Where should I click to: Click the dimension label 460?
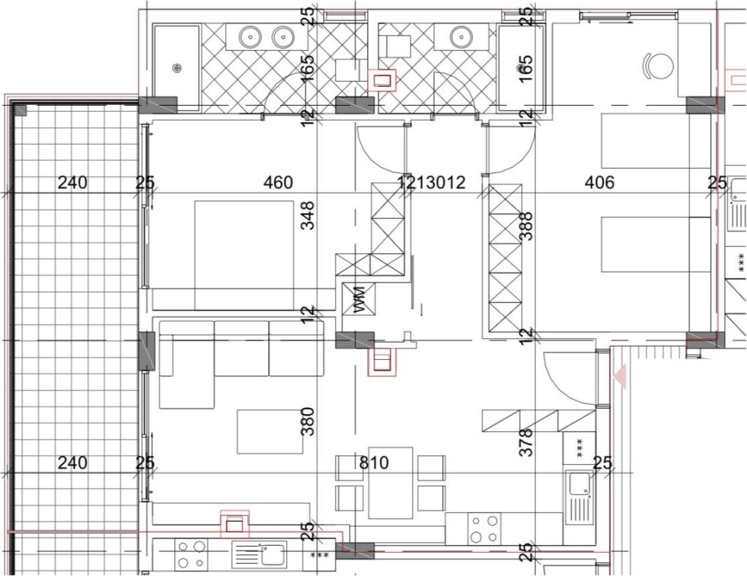(279, 182)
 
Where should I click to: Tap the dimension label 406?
(599, 182)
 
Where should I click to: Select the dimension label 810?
(374, 463)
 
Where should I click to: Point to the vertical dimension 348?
(307, 214)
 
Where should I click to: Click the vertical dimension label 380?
(307, 421)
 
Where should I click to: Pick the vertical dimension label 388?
(526, 225)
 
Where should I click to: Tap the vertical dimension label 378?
(526, 442)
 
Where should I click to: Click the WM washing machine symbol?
(357, 299)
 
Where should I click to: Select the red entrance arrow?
(620, 374)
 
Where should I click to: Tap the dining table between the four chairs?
(390, 482)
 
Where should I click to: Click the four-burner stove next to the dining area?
(484, 528)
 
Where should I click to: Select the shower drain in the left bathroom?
(177, 68)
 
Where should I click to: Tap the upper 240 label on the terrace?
(73, 182)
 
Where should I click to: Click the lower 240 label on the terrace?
(73, 463)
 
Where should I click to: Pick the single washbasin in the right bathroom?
(460, 35)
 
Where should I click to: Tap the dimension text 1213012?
(432, 182)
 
